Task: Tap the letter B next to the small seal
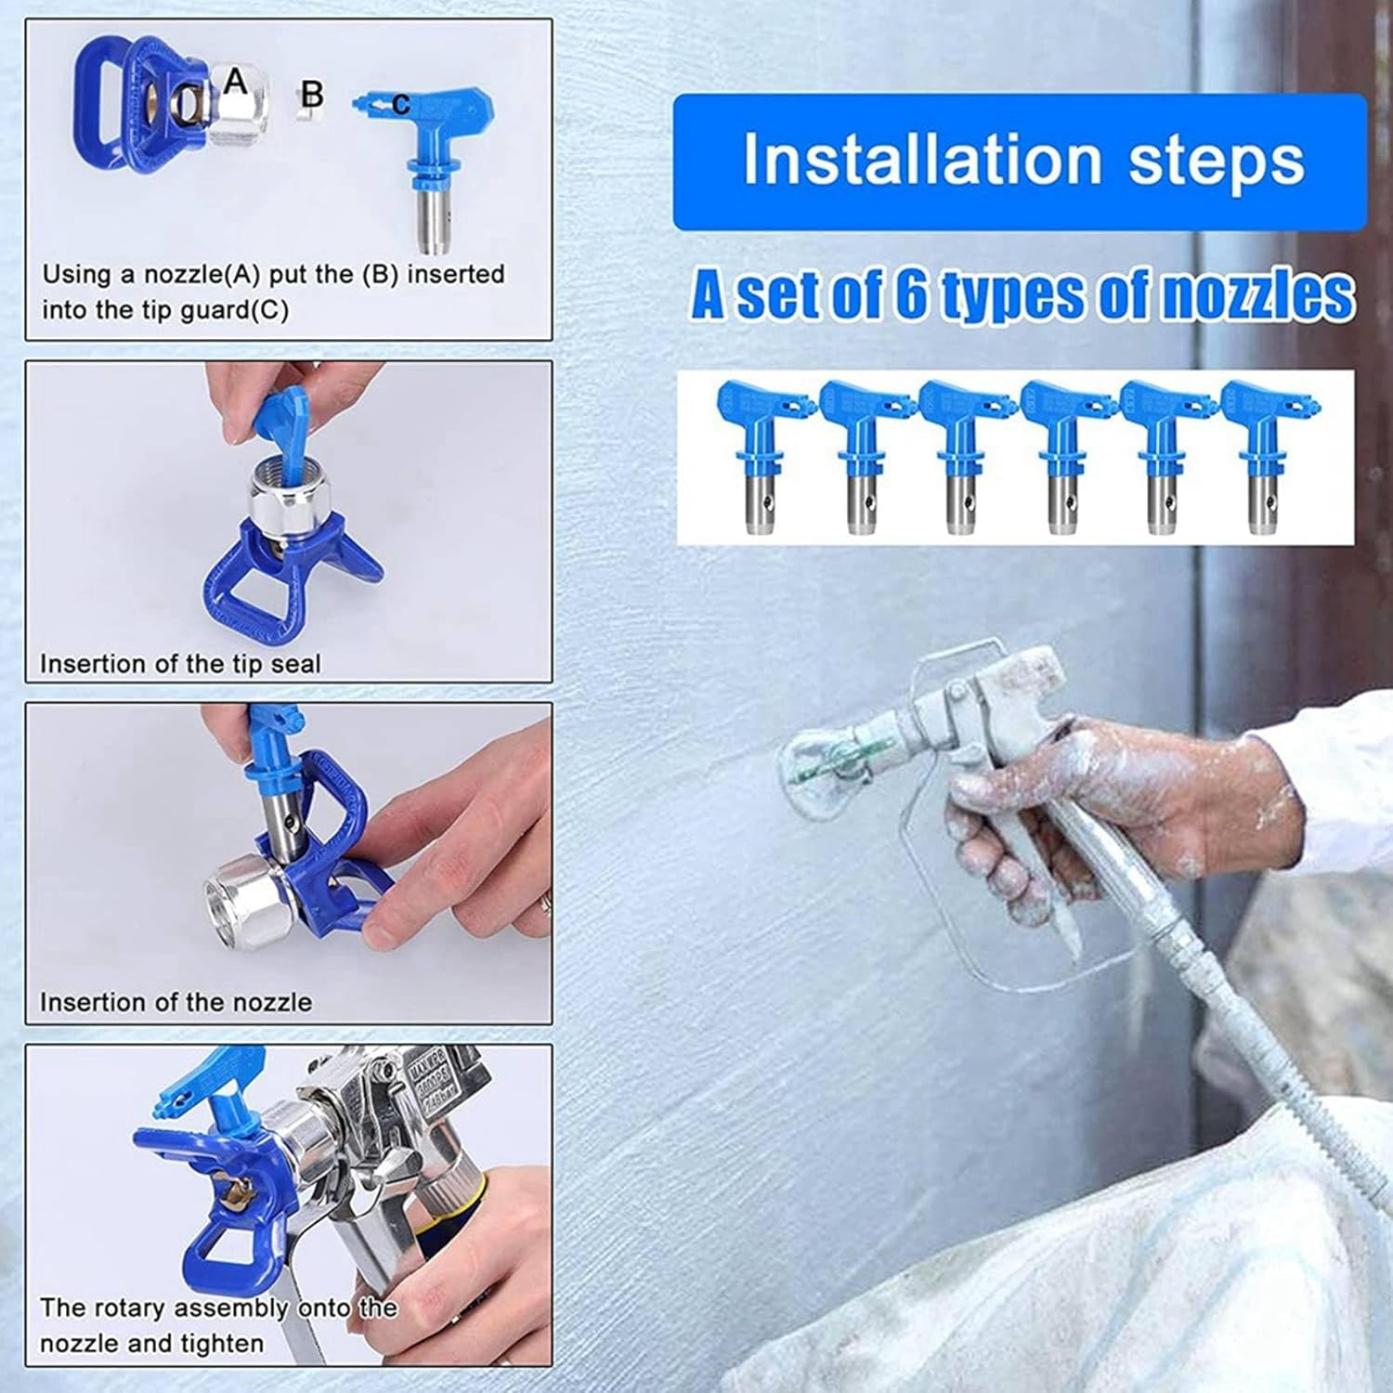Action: click(x=313, y=94)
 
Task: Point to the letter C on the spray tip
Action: click(x=400, y=105)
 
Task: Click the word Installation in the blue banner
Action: click(x=921, y=161)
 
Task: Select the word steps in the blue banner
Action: click(x=1216, y=161)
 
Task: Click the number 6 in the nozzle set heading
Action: click(x=912, y=295)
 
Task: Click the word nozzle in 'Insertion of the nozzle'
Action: click(x=268, y=1002)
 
